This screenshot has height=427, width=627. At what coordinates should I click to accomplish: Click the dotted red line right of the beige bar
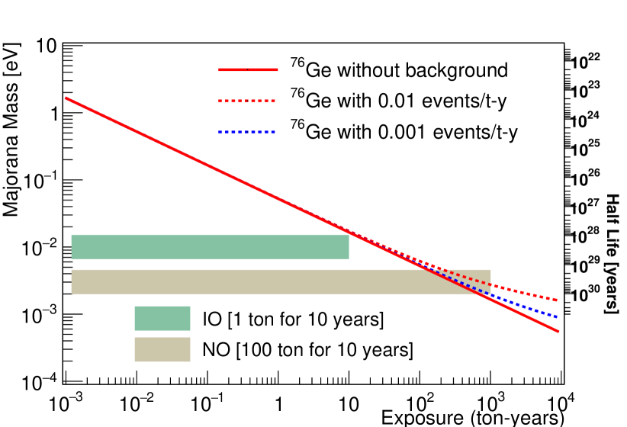pyautogui.click(x=526, y=293)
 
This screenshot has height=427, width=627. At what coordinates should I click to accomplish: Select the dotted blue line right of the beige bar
pyautogui.click(x=526, y=307)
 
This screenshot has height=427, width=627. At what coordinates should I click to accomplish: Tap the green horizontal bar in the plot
pyautogui.click(x=210, y=246)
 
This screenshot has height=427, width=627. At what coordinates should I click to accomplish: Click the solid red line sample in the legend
pyautogui.click(x=248, y=69)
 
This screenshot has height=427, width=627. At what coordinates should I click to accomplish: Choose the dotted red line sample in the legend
pyautogui.click(x=247, y=101)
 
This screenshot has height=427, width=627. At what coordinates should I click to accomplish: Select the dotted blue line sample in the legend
pyautogui.click(x=247, y=132)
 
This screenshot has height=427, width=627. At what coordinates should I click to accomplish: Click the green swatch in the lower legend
pyautogui.click(x=162, y=318)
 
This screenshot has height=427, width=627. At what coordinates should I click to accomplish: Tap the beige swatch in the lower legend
pyautogui.click(x=162, y=349)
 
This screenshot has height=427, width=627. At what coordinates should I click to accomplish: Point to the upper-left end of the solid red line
pyautogui.click(x=66, y=98)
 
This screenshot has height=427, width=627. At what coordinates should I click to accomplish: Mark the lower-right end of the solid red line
pyautogui.click(x=558, y=331)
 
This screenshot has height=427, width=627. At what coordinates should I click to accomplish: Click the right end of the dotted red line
pyautogui.click(x=558, y=300)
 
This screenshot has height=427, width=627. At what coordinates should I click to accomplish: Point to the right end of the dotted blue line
pyautogui.click(x=558, y=316)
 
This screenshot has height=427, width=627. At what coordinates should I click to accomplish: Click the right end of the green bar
pyautogui.click(x=349, y=246)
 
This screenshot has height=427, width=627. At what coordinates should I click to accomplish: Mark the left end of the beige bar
pyautogui.click(x=72, y=281)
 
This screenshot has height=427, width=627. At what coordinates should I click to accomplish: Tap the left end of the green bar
pyautogui.click(x=72, y=246)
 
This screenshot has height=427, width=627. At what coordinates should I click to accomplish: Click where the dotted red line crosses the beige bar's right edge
pyautogui.click(x=491, y=284)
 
